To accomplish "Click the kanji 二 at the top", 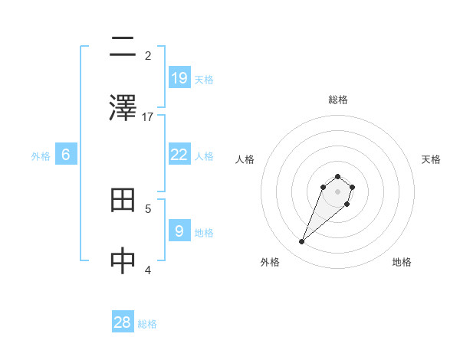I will (123, 47).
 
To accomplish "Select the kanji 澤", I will (123, 107).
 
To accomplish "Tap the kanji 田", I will (123, 201).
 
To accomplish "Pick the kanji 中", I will (123, 261).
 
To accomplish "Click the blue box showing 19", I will (179, 77).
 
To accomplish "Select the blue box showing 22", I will (179, 154).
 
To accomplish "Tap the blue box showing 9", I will (179, 231).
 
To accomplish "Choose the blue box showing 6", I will (66, 154).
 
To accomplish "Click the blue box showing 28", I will (123, 322).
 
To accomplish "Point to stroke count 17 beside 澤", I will (148, 116).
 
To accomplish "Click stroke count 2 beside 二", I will (148, 55).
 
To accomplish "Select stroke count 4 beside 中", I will (148, 270).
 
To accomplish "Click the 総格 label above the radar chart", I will (338, 100).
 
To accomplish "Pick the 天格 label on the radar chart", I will (431, 159).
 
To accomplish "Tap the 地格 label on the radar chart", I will (402, 262).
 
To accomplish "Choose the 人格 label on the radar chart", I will (245, 159).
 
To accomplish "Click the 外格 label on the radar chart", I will (270, 262).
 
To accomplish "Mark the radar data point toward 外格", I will (302, 242).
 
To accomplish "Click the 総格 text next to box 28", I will (147, 324).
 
